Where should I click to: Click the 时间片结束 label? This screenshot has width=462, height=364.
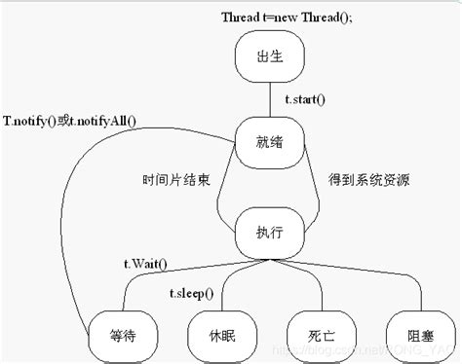pyautogui.click(x=176, y=181)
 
